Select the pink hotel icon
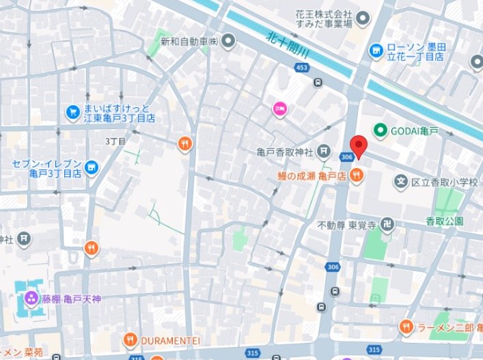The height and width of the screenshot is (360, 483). pyautogui.click(x=279, y=108)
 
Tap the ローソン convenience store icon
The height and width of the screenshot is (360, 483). pyautogui.click(x=375, y=51)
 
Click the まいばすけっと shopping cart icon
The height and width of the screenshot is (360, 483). pyautogui.click(x=72, y=111)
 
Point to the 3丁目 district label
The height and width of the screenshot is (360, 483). pyautogui.click(x=116, y=141)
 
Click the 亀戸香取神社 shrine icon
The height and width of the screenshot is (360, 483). pyautogui.click(x=327, y=152)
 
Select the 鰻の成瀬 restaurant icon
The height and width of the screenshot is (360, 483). pyautogui.click(x=355, y=176)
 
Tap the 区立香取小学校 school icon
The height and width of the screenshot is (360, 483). pyautogui.click(x=402, y=182)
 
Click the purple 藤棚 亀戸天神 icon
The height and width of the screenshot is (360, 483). pyautogui.click(x=31, y=299)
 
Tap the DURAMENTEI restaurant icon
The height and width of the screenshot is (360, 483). pyautogui.click(x=130, y=340)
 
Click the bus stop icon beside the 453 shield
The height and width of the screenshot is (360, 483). pyautogui.click(x=318, y=83)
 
